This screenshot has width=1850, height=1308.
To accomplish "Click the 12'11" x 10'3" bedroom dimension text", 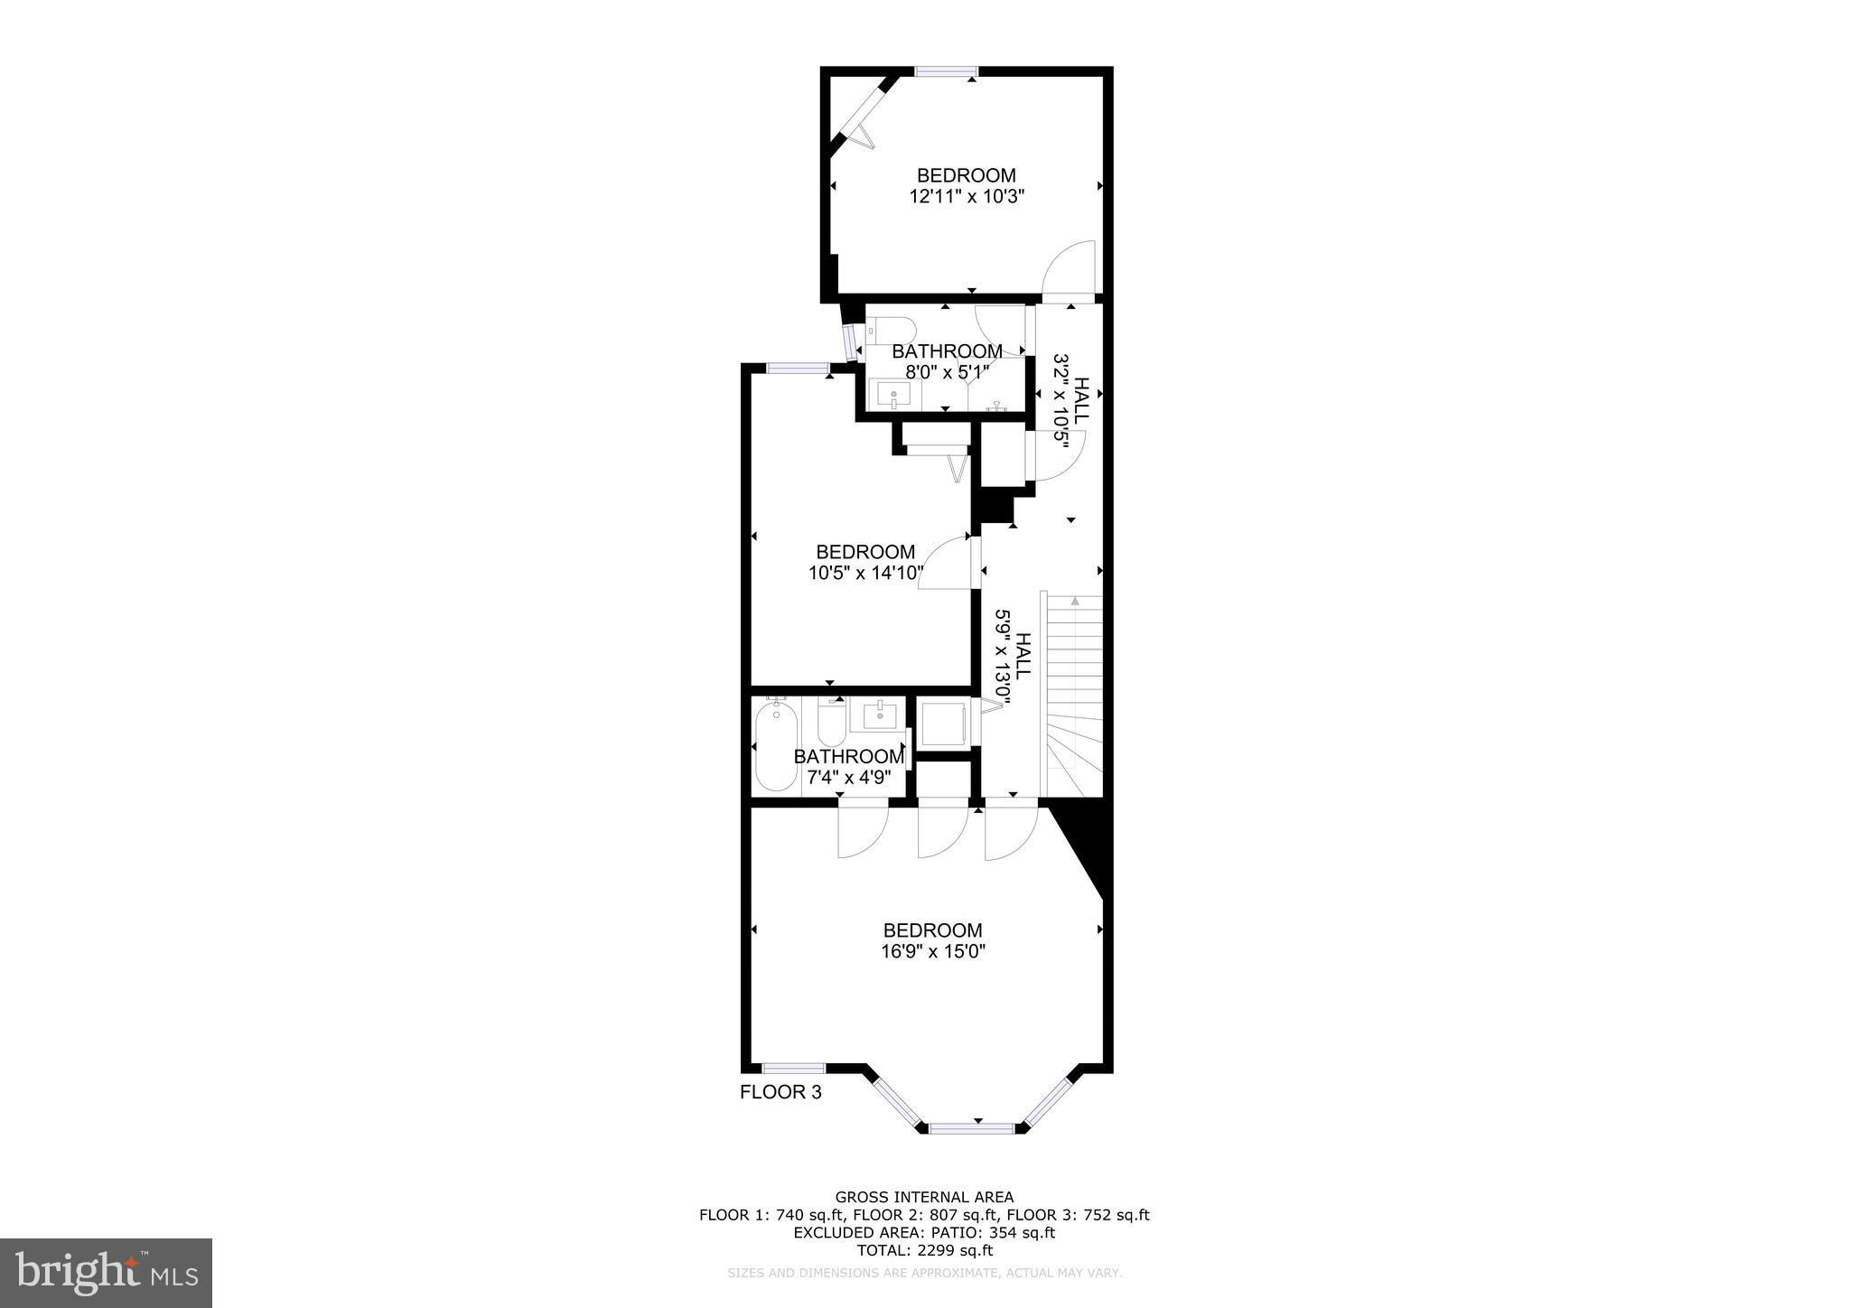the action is (x=967, y=196).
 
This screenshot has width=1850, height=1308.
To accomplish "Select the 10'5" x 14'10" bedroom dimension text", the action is (x=866, y=572).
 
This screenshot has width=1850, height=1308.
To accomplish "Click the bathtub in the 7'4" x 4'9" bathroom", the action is (x=777, y=747).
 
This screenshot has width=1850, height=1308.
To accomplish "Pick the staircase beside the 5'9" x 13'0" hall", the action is (x=1073, y=695).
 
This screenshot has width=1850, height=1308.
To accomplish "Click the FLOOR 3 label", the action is (x=780, y=1092).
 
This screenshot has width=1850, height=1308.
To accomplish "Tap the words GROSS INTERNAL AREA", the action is (x=924, y=1198).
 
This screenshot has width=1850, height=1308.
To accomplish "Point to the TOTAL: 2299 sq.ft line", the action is (x=924, y=1250).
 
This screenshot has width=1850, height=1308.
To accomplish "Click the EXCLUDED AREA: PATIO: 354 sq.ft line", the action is (x=924, y=1232).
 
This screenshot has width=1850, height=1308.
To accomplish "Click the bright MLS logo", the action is (x=106, y=1273).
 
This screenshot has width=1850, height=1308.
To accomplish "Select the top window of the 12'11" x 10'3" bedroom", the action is (x=946, y=71).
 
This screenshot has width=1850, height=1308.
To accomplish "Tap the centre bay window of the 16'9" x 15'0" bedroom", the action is (x=972, y=1127).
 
